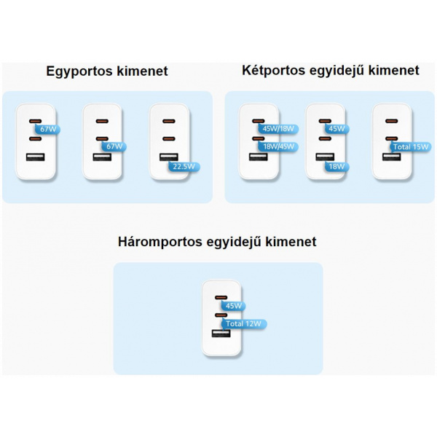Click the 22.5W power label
tap(185, 166)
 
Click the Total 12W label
tap(244, 323)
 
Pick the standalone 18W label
tap(336, 166)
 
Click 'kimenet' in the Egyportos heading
tap(144, 71)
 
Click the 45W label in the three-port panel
tap(235, 307)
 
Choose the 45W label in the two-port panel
tap(336, 129)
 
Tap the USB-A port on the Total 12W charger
tap(219, 334)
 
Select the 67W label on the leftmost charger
tap(49, 129)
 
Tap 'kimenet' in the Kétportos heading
tap(394, 71)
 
